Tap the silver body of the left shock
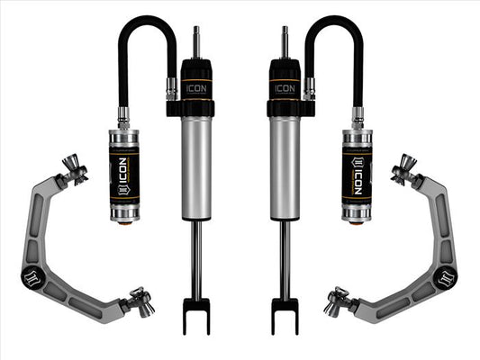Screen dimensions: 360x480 (197, 166)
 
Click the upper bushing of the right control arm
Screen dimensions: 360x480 (407, 169)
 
